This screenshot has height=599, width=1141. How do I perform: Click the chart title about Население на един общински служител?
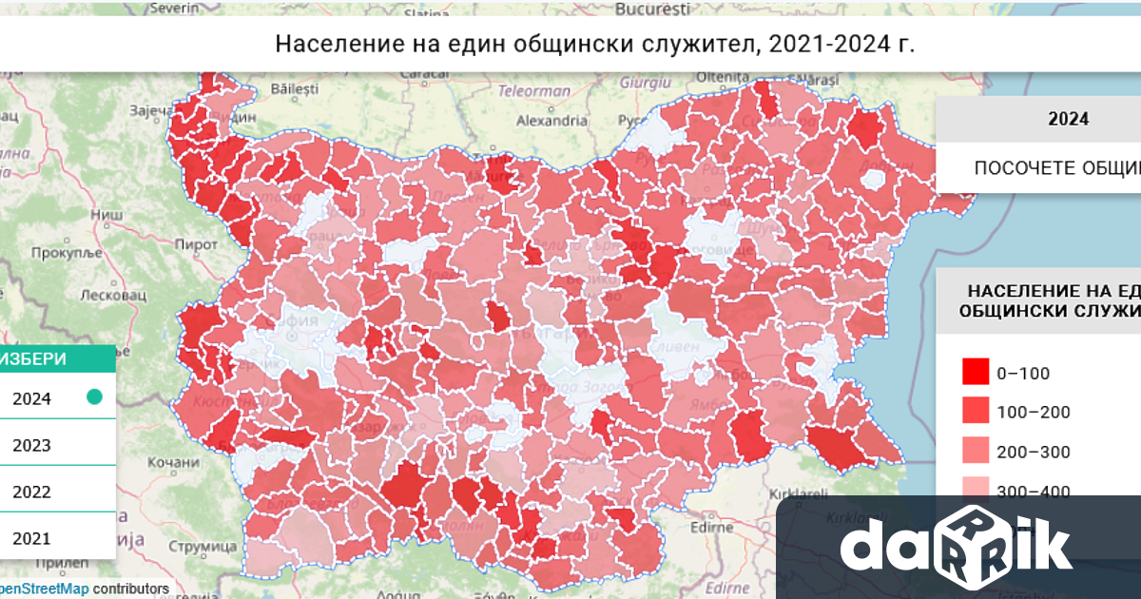pos(594,44)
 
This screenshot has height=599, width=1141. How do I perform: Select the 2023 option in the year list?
pos(32,445)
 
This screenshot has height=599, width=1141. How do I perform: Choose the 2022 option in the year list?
pos(32,492)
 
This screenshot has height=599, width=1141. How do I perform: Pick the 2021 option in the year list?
pos(32,538)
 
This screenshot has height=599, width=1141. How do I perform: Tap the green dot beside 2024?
pos(94,397)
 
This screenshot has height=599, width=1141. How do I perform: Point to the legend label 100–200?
pos(1033,412)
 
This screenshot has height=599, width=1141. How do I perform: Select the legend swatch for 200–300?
pos(974,452)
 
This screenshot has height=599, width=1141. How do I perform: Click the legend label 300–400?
pos(1033,492)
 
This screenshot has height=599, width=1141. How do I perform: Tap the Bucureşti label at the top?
pos(651,10)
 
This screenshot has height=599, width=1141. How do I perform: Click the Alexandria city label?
pos(551,121)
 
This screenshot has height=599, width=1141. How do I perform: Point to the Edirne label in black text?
pos(722,526)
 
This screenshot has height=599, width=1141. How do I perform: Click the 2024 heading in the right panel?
pos(1068,120)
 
